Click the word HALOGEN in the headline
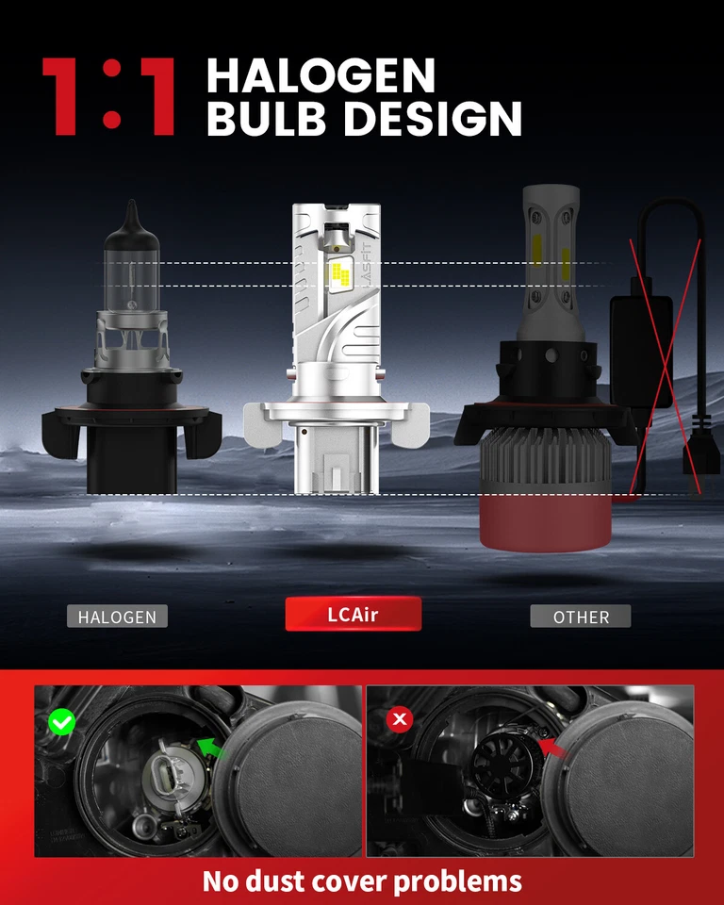tap(321, 75)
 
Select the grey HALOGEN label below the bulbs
tap(117, 617)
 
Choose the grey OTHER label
tap(581, 617)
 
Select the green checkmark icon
tap(62, 723)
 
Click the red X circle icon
tap(401, 720)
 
